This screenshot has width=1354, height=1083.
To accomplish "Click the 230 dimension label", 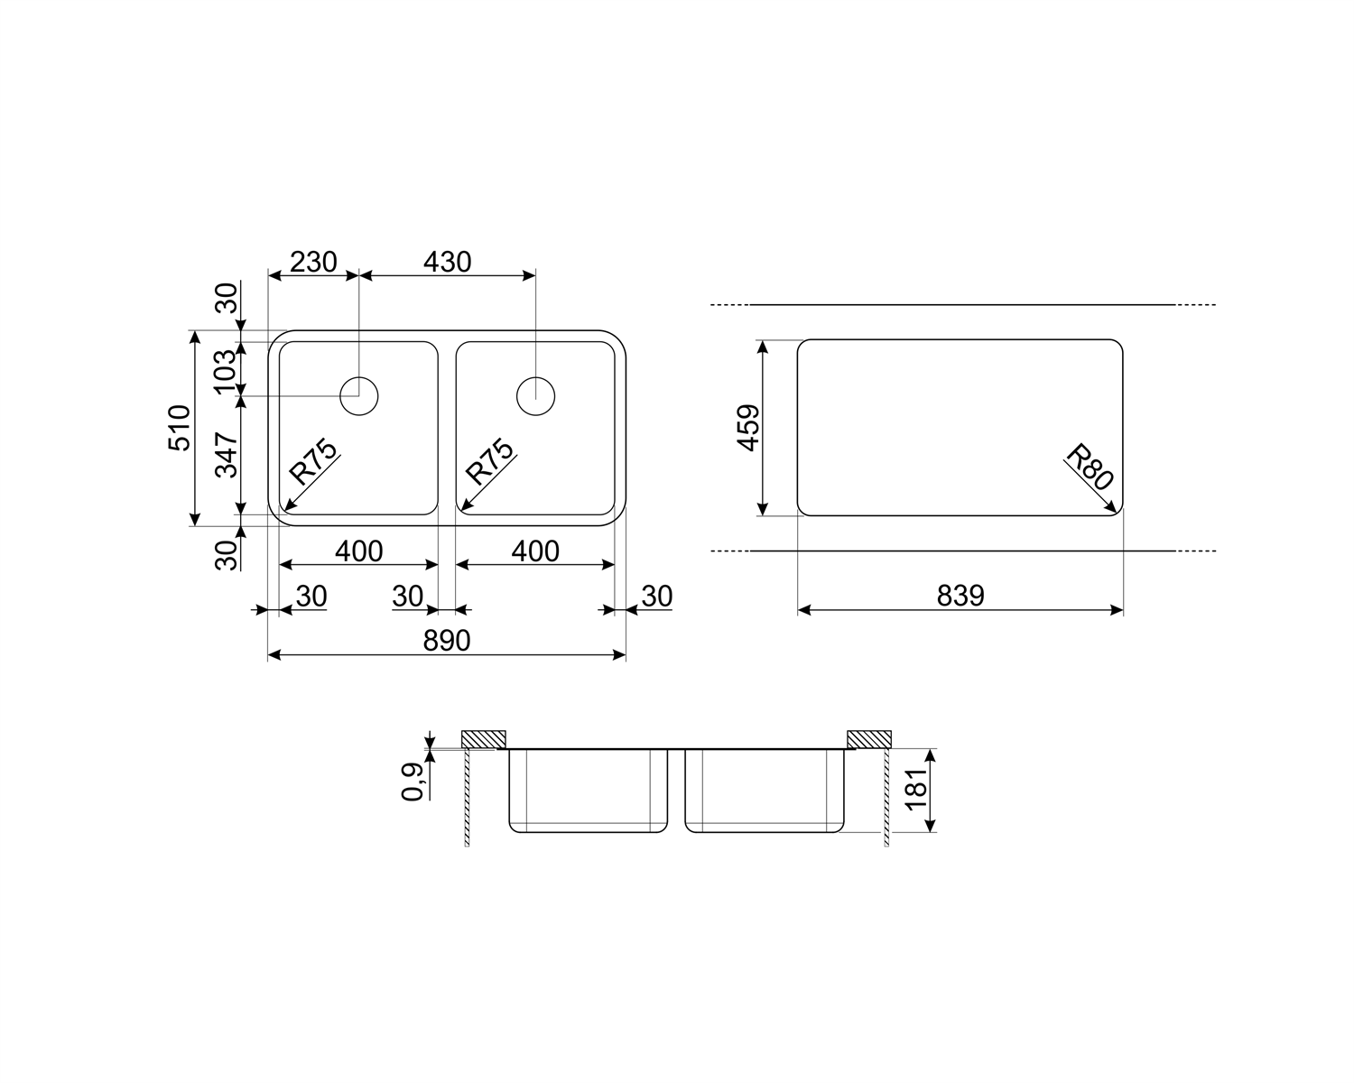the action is [x=312, y=262].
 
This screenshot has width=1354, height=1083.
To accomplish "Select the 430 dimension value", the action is [x=447, y=262].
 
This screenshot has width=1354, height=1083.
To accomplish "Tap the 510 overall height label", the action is [x=180, y=428].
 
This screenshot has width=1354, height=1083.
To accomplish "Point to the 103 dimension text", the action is [x=226, y=372].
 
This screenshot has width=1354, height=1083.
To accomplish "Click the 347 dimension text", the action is [x=227, y=455].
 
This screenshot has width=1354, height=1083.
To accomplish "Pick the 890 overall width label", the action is [x=447, y=641].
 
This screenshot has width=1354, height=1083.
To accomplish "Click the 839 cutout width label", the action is [x=960, y=596].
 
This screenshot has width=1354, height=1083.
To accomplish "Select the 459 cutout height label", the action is [x=748, y=428].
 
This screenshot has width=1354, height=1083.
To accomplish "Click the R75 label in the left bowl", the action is [x=313, y=461].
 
